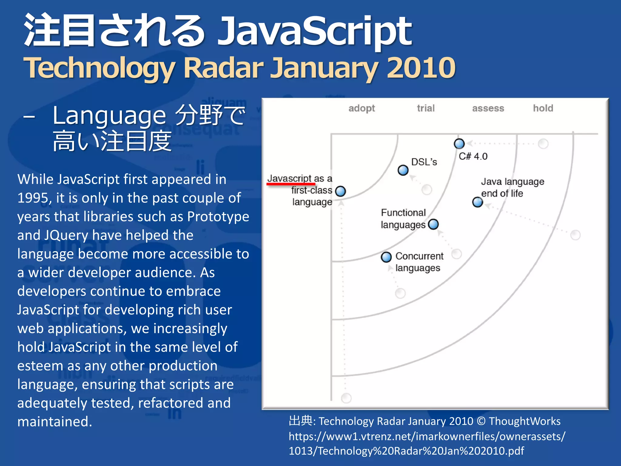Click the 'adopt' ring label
pos(361,108)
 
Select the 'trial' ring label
pos(426,108)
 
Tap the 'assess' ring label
pos(488,108)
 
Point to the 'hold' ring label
pos(543,108)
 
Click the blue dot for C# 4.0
pos(459,144)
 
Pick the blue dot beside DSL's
pos(403,170)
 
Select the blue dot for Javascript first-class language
pos(341,191)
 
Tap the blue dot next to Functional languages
pos(434,225)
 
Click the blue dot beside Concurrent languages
pos(386,257)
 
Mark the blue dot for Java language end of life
pos(478,202)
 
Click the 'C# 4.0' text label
pos(473,157)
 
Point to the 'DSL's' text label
pos(424,162)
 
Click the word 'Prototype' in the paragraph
pos(218,217)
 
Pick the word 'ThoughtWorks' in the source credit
pos(525,421)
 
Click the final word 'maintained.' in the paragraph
pos(55,422)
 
